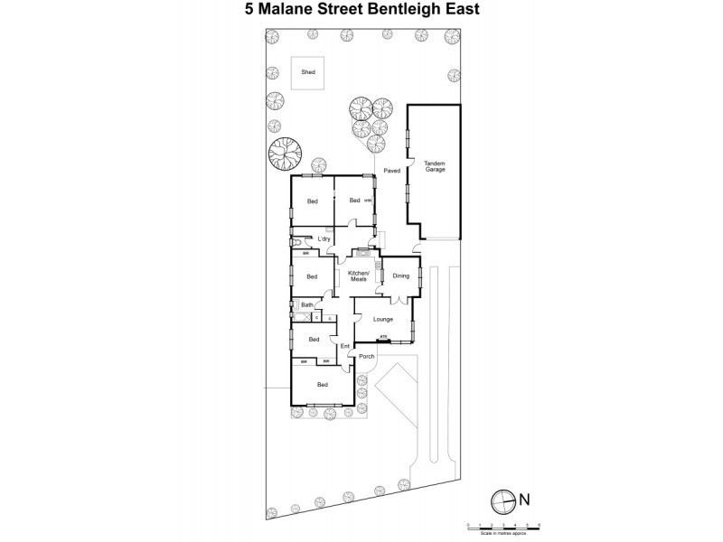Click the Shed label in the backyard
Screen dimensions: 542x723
308,71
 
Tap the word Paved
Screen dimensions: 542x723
392,169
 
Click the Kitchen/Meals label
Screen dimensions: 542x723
359,276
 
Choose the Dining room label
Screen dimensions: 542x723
401,276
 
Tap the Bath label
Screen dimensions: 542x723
306,305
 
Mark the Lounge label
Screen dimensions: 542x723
381,319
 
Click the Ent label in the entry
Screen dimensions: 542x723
344,346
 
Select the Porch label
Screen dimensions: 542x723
366,356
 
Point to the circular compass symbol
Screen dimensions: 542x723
502,498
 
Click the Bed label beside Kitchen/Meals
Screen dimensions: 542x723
313,276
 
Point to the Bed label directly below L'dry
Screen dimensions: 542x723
313,276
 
